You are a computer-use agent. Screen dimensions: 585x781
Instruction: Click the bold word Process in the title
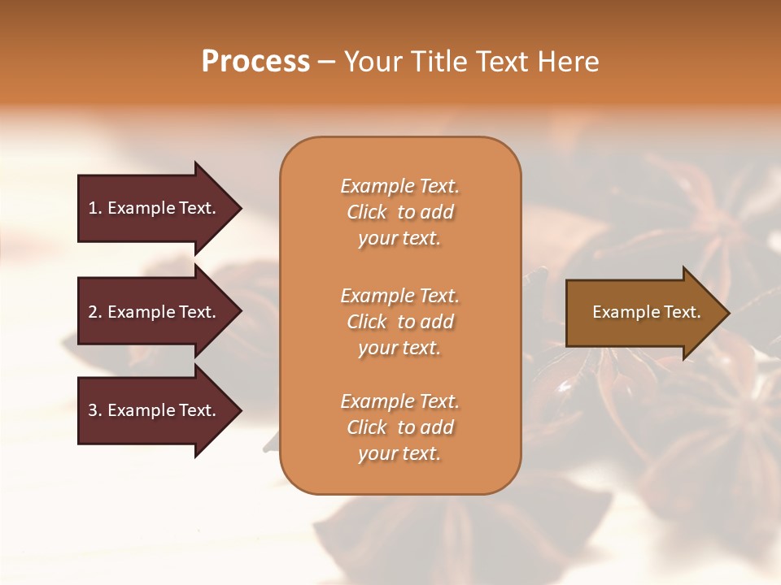[255, 62]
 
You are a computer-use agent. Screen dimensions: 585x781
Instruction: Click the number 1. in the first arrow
[95, 208]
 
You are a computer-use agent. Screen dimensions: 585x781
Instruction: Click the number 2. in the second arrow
[95, 312]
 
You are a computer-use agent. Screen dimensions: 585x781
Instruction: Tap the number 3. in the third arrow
[95, 410]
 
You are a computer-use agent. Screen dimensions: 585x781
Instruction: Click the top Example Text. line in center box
[399, 186]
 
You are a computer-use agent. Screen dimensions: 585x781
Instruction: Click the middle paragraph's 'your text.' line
[399, 348]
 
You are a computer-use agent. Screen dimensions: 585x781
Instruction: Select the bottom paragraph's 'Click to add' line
[399, 427]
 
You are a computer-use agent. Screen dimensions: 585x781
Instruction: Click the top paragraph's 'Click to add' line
[399, 212]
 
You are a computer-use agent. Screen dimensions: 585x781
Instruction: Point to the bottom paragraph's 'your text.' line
[399, 453]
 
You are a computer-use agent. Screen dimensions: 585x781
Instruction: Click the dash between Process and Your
[326, 62]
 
